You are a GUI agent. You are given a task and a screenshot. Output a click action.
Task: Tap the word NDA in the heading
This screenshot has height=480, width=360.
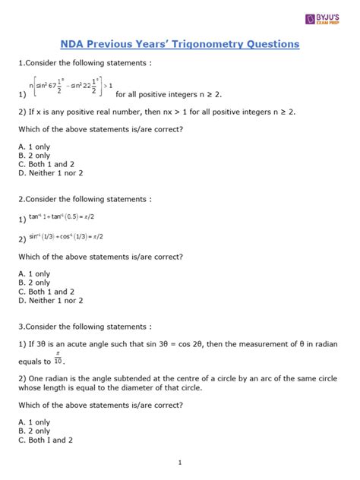(x=74, y=45)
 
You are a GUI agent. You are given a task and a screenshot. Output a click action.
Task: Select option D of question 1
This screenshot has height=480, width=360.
(x=50, y=173)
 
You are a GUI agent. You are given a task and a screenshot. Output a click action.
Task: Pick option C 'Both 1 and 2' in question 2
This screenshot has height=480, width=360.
(x=46, y=292)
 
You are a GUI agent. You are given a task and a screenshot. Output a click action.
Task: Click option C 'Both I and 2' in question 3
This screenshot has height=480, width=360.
(x=46, y=440)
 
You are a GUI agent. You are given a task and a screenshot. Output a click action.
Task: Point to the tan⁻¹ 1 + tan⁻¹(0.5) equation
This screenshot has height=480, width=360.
(x=72, y=217)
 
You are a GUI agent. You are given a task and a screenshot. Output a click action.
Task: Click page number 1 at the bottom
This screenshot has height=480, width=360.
(x=180, y=463)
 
